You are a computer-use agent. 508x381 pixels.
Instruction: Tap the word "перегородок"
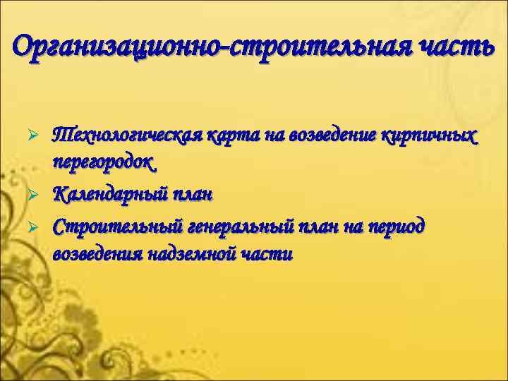103,163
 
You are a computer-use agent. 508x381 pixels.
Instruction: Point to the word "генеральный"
229,226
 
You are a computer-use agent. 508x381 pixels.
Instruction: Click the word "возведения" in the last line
97,254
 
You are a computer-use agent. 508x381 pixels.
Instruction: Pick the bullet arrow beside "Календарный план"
42,193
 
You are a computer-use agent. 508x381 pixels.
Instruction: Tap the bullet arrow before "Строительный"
42,226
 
